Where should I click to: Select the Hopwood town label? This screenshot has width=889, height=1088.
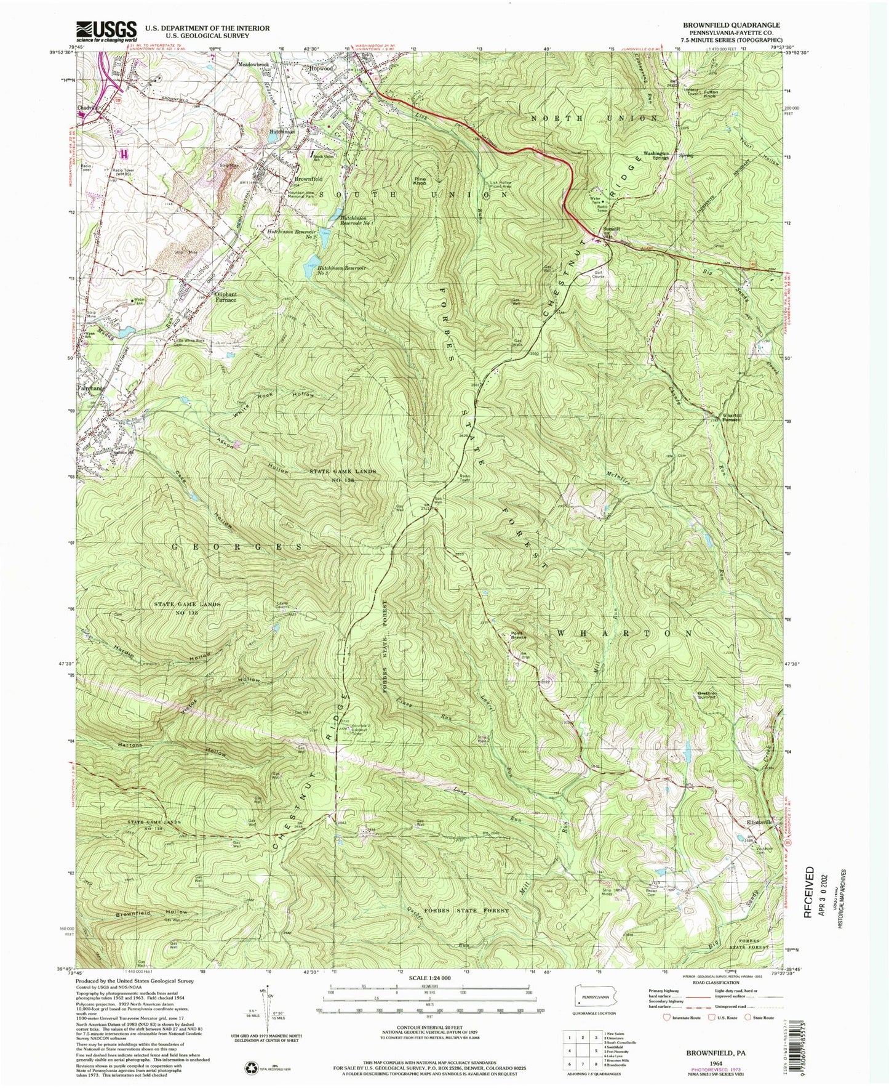[x=321, y=68]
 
